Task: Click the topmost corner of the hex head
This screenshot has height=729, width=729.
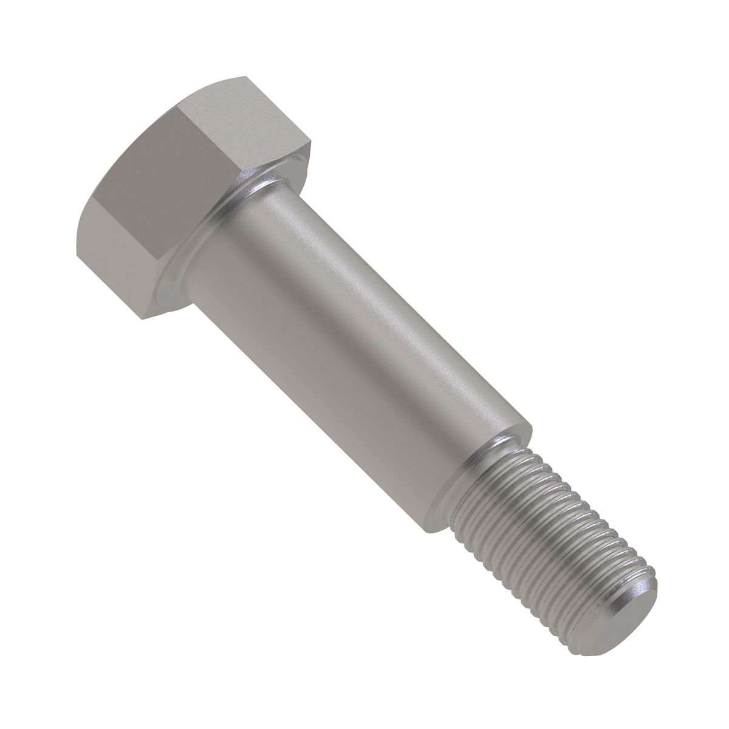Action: (246, 77)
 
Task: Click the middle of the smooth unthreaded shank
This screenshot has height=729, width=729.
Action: (358, 340)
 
